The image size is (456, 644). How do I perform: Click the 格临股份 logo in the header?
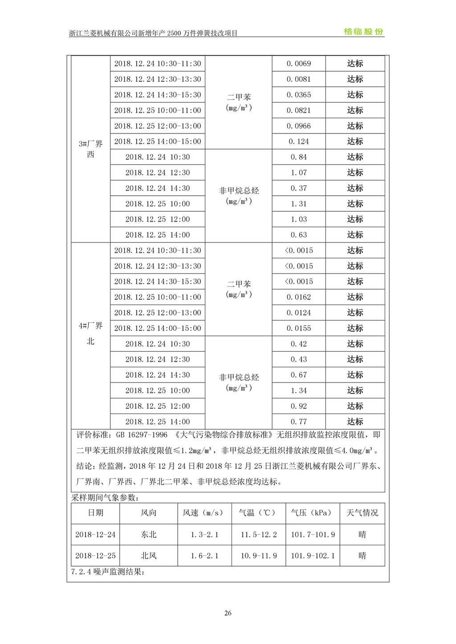click(x=363, y=32)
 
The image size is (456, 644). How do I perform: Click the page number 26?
click(x=228, y=613)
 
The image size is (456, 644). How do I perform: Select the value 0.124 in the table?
click(x=298, y=141)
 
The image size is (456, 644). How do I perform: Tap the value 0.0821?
click(x=298, y=110)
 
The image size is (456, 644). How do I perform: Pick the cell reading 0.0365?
click(x=298, y=95)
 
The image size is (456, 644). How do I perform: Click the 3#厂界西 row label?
click(x=91, y=149)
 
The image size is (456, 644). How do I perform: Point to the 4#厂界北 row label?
click(x=91, y=334)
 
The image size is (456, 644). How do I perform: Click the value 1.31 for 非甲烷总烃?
click(x=298, y=204)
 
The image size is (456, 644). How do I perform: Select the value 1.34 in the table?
click(x=298, y=390)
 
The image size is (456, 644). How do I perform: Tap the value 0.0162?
click(x=298, y=297)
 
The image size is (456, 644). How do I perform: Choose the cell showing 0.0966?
click(x=298, y=126)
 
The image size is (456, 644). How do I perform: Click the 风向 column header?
click(x=149, y=513)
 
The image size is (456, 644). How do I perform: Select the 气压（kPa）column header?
click(x=312, y=513)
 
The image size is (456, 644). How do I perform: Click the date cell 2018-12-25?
click(x=95, y=555)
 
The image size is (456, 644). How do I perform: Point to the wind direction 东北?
click(x=149, y=535)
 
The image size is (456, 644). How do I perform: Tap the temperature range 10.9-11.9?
click(x=259, y=555)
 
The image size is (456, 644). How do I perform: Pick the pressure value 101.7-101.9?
click(x=313, y=535)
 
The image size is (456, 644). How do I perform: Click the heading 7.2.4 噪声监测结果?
click(x=108, y=572)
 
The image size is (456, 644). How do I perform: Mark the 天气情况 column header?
click(x=362, y=513)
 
